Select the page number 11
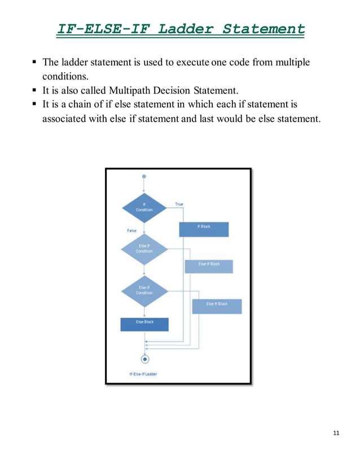(x=336, y=433)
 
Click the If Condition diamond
(x=144, y=208)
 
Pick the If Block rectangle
(x=204, y=229)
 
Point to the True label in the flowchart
(x=179, y=204)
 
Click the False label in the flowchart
(x=131, y=231)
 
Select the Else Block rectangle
(x=144, y=324)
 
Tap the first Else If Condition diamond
(x=144, y=249)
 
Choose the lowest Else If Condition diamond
(x=144, y=290)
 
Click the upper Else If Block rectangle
(x=209, y=266)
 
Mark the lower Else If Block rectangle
(x=217, y=306)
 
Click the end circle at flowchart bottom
(x=145, y=358)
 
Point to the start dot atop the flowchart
(x=144, y=177)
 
